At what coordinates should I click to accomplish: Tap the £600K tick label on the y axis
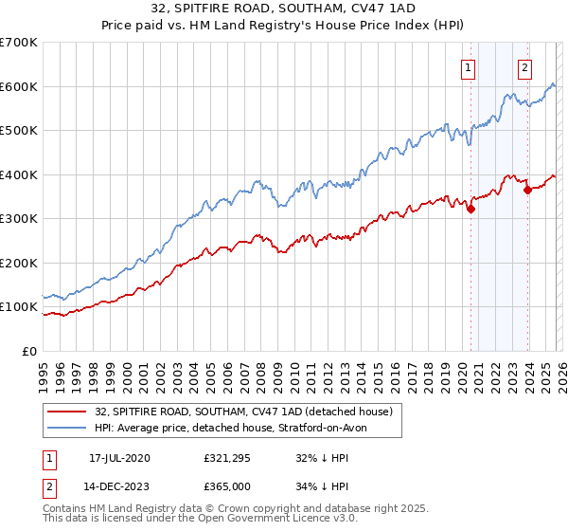[x=19, y=86]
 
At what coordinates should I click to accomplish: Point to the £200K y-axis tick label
[x=19, y=263]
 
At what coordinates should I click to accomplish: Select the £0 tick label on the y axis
[x=29, y=351]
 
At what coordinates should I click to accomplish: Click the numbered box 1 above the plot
[x=469, y=67]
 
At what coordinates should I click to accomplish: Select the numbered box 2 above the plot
[x=524, y=67]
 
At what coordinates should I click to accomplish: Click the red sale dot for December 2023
[x=527, y=191]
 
